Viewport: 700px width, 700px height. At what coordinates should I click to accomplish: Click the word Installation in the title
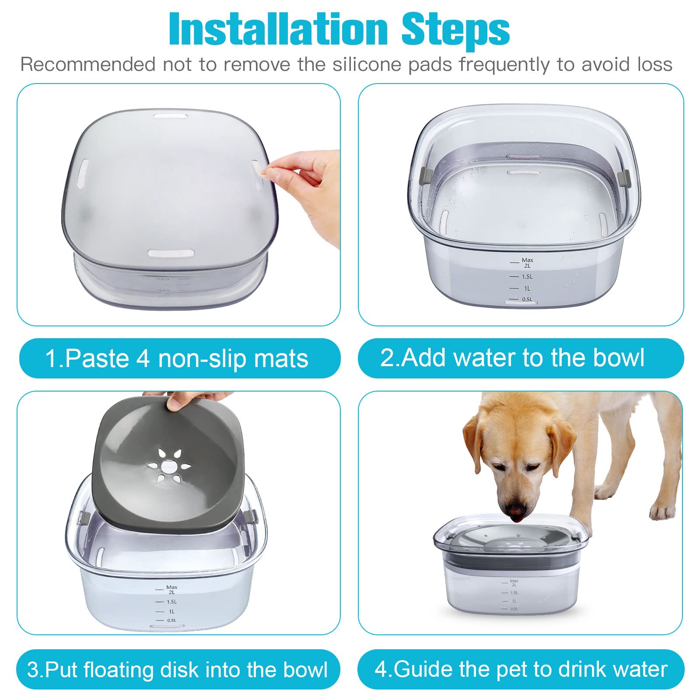pos(278,30)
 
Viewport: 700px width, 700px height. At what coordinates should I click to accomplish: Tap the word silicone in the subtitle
pos(370,65)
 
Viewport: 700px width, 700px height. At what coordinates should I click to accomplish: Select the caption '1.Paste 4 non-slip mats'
pos(177,358)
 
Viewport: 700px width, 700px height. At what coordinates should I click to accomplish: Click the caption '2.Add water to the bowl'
pos(512,357)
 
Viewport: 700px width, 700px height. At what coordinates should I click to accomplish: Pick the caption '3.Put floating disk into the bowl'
pos(177,669)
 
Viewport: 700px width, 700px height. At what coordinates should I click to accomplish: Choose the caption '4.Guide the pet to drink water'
pos(521,669)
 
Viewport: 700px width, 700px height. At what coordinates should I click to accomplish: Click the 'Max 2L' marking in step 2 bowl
pos(527,262)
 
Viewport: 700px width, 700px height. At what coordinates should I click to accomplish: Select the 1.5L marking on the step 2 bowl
pos(527,276)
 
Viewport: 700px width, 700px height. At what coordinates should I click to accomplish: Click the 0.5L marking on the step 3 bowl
pos(171,620)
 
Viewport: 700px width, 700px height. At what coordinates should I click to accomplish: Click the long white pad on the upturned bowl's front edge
pos(171,254)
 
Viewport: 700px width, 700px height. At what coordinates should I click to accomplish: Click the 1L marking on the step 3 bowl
pos(171,611)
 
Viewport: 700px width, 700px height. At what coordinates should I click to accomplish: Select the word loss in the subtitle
pos(654,65)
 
